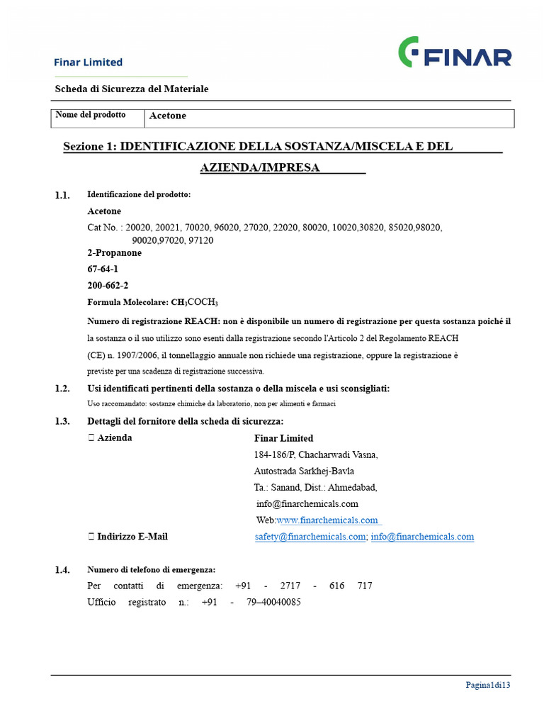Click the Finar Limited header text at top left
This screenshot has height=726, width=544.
(x=88, y=62)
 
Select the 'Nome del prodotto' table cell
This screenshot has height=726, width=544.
(x=90, y=115)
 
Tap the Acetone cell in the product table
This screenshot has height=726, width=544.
(x=168, y=116)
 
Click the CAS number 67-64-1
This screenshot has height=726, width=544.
(x=103, y=269)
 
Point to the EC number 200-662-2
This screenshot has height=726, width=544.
(x=108, y=286)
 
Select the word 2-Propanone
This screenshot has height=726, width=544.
(x=114, y=253)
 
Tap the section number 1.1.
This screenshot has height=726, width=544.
(x=62, y=195)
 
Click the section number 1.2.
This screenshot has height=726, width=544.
(x=62, y=389)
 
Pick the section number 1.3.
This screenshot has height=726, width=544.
(x=62, y=421)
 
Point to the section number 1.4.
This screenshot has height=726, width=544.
(x=62, y=570)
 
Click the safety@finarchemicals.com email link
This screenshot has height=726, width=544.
(x=310, y=537)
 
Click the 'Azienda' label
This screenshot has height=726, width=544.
(x=114, y=438)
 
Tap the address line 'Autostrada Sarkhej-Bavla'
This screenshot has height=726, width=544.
(x=304, y=471)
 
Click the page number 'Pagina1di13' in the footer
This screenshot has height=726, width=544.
(x=488, y=685)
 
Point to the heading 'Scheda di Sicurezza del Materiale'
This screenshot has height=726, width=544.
(x=132, y=89)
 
